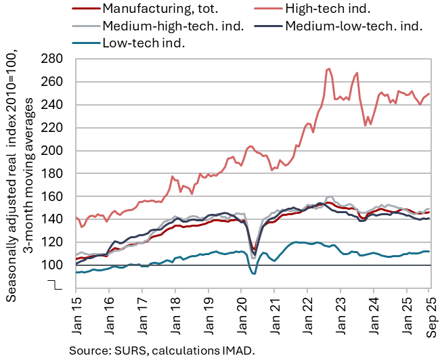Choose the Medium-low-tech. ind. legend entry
tap(353, 26)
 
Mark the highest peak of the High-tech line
tap(328, 68)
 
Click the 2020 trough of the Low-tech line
tap(253, 273)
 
